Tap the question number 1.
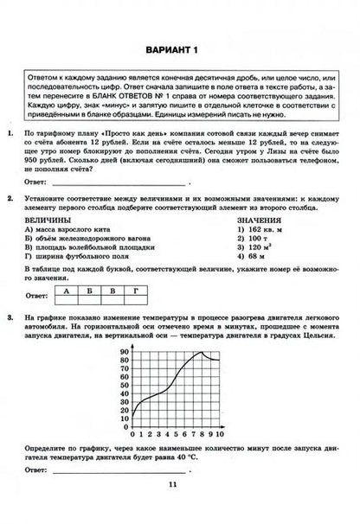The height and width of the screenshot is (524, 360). click(x=10, y=135)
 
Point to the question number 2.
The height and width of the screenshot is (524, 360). click(x=10, y=198)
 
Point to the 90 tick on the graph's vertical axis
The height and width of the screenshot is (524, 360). click(x=125, y=353)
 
